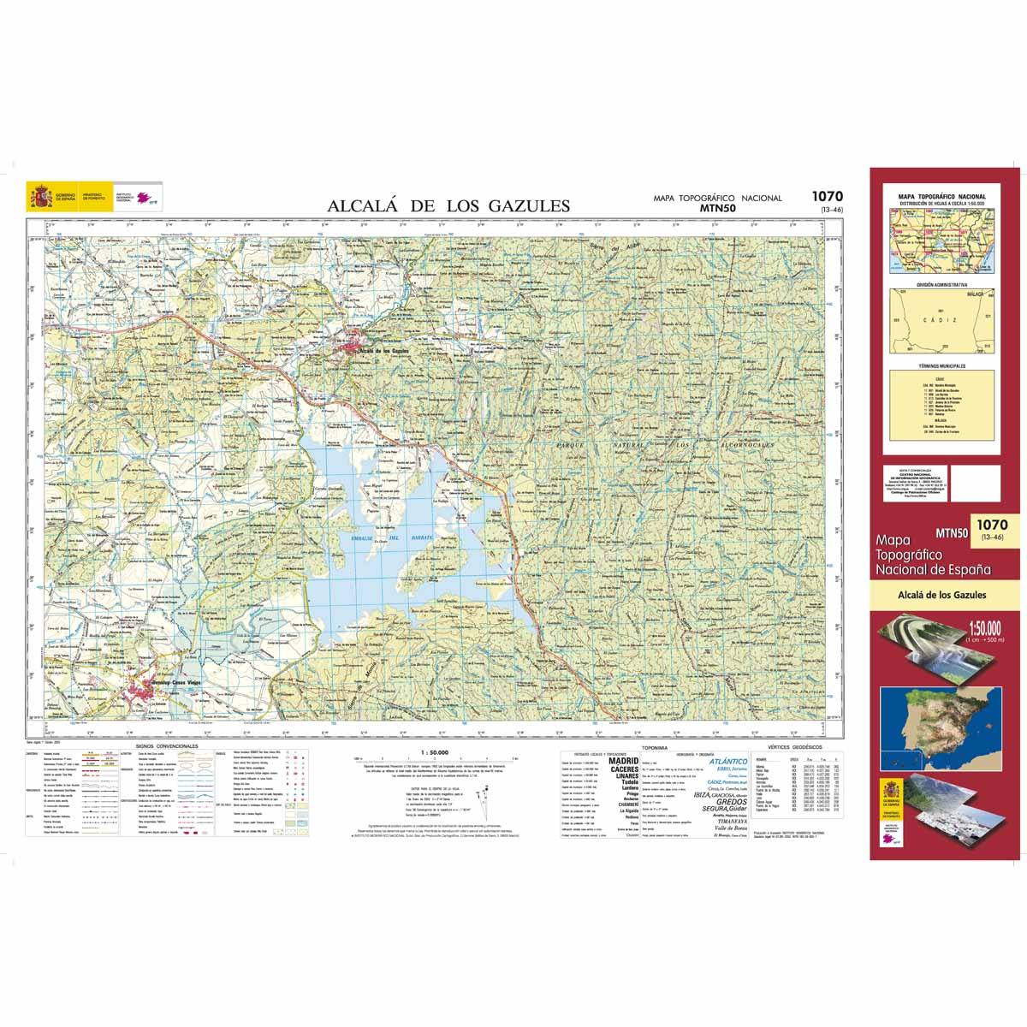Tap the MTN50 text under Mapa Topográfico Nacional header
(717, 207)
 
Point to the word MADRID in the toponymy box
(623, 760)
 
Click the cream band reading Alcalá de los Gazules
(941, 595)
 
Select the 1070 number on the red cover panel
(991, 524)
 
